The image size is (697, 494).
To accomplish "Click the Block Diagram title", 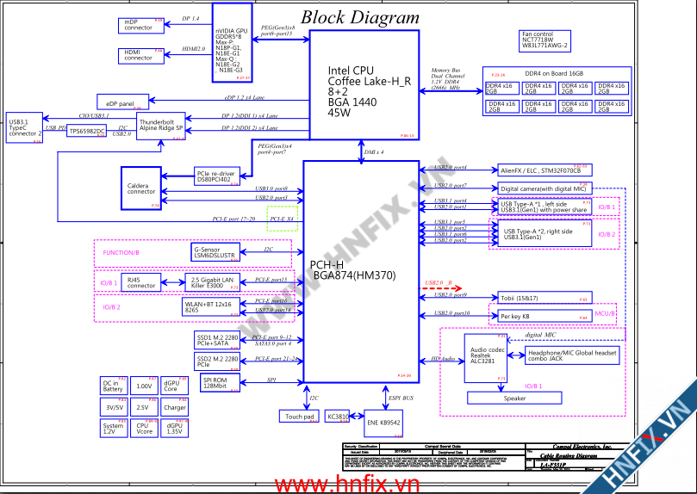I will tap(360, 17).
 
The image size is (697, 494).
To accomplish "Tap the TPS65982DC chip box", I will tap(87, 131).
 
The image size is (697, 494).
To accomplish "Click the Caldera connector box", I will tap(141, 188).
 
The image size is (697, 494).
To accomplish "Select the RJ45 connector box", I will tap(142, 282).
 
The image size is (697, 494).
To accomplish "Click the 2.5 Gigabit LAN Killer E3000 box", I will tap(213, 281).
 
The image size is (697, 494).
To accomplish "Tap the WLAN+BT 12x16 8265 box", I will tap(208, 306).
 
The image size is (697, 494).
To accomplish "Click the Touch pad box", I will tap(300, 417).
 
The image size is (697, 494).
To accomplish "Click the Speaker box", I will tap(514, 398).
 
